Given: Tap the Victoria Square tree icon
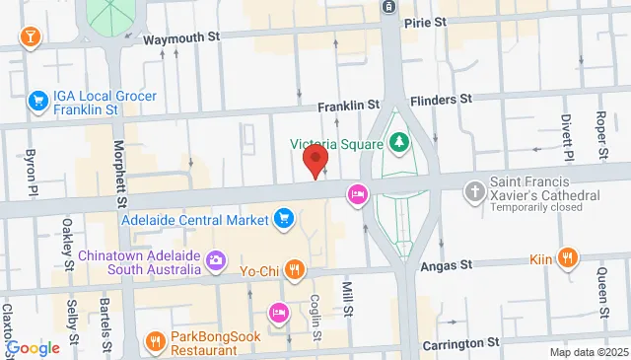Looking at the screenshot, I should tap(399, 143).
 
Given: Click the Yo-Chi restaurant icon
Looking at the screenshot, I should tap(294, 267).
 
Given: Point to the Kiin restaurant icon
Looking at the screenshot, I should tap(567, 258).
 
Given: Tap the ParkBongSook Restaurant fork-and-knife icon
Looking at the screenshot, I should tap(155, 342).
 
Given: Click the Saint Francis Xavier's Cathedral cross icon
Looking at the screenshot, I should tap(476, 189).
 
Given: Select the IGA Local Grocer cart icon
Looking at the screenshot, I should tap(38, 101).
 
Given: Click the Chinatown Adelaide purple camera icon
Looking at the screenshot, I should tap(217, 261).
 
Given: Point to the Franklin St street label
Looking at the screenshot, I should tap(348, 105).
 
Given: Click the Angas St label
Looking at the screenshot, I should tap(453, 264).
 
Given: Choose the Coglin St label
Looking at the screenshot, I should tap(316, 316).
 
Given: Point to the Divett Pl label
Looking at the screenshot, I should tap(568, 136).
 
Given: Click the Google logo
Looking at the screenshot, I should tap(33, 347).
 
